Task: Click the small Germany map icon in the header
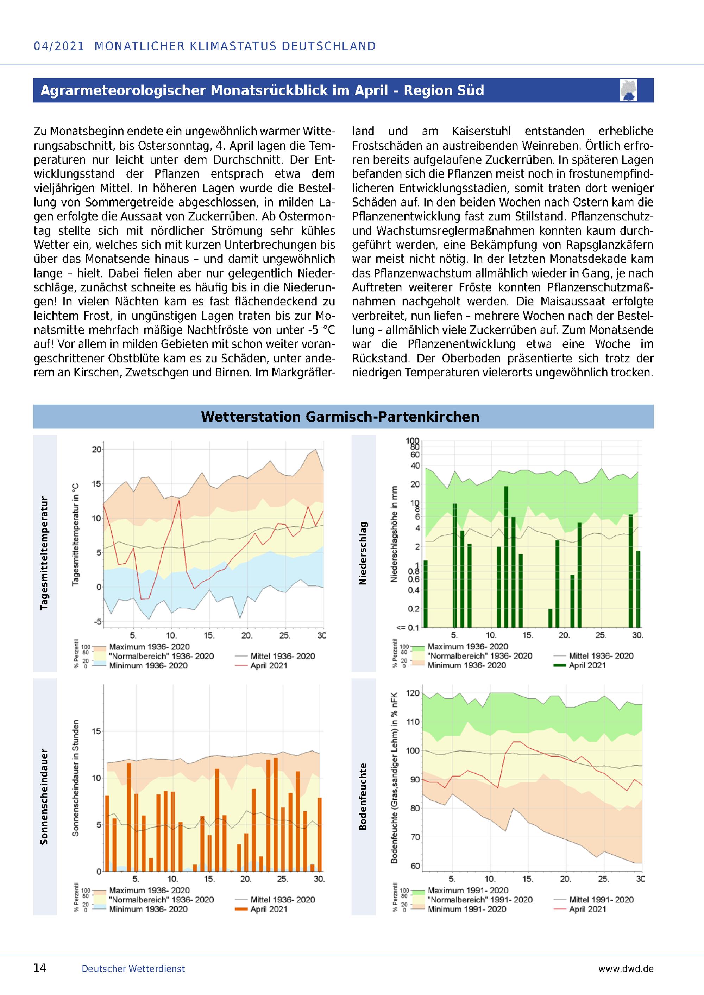(629, 90)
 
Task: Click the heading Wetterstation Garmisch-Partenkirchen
(340, 417)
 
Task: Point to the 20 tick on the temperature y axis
(96, 449)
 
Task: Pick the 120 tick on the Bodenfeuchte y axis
(414, 693)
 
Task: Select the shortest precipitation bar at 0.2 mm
(550, 618)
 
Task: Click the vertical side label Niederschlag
(363, 553)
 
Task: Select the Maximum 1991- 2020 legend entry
(460, 891)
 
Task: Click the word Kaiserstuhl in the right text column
(481, 131)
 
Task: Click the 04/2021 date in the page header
(59, 46)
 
